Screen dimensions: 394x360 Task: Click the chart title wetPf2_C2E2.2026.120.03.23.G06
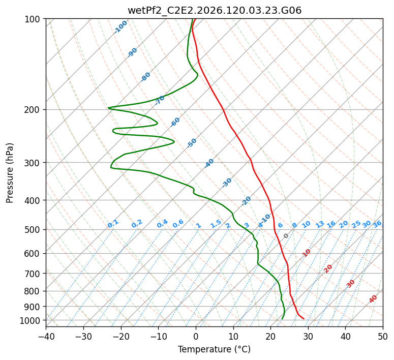point(215,11)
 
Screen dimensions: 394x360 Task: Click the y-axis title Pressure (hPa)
point(10,173)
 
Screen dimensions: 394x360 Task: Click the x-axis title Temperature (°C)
point(215,349)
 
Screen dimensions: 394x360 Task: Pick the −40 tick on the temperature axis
point(46,336)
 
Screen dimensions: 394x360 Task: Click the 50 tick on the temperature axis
point(383,336)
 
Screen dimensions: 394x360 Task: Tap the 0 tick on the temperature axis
point(196,336)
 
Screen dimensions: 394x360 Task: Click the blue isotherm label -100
point(120,27)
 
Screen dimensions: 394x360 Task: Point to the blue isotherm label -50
point(192,143)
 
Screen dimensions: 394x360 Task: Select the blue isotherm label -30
point(227,183)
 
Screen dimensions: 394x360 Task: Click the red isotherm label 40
point(373,299)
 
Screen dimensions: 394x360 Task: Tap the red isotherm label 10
point(307,253)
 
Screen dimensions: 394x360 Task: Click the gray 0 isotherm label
point(286,236)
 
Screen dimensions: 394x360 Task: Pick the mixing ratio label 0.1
point(113,224)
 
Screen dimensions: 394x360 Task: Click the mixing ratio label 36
point(377,224)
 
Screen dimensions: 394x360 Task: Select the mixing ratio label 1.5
point(216,224)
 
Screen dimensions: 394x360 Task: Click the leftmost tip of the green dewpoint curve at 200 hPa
point(108,108)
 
